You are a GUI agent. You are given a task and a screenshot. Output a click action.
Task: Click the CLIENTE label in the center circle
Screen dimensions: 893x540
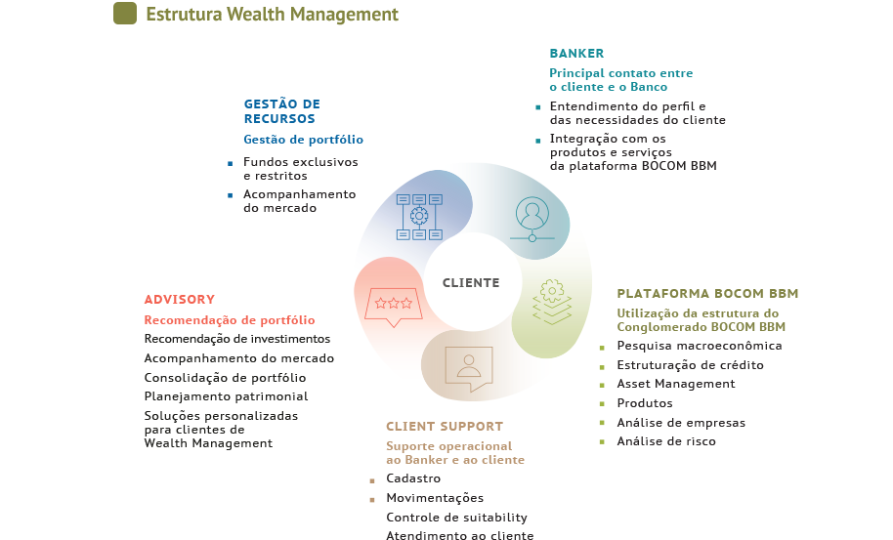(471, 283)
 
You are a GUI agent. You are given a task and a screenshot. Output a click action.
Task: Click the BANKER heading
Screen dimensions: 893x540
(576, 54)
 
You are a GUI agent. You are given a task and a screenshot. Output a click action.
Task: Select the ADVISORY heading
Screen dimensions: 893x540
(180, 300)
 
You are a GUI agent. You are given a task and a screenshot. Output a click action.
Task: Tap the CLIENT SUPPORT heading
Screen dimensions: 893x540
(445, 426)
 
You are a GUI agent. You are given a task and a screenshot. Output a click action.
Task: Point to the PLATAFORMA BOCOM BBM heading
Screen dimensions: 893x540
(707, 294)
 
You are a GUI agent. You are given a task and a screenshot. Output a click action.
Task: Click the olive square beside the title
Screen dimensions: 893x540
(125, 13)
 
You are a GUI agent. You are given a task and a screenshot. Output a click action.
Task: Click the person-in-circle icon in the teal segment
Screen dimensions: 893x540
(532, 219)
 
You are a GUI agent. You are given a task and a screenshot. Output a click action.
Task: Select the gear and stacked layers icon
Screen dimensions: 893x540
(551, 302)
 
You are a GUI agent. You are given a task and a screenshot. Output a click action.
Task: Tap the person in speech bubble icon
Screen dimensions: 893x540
(469, 369)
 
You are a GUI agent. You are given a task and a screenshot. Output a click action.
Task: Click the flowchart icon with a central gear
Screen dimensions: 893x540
(419, 217)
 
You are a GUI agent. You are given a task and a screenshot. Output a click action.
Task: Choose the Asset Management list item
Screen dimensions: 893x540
(676, 384)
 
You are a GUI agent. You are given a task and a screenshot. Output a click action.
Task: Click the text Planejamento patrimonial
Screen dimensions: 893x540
(226, 396)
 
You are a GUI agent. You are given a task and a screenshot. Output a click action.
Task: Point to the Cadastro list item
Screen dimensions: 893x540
(413, 478)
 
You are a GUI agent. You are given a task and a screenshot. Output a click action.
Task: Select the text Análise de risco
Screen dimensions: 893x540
(665, 441)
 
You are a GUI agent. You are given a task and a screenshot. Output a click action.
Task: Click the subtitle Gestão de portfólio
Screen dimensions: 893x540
(303, 140)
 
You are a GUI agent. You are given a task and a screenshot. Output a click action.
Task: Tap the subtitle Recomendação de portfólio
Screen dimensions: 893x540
(229, 319)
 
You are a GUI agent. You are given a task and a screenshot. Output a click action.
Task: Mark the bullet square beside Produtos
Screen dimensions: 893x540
(602, 404)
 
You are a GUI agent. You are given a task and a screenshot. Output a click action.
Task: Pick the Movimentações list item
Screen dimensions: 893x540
(435, 498)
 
